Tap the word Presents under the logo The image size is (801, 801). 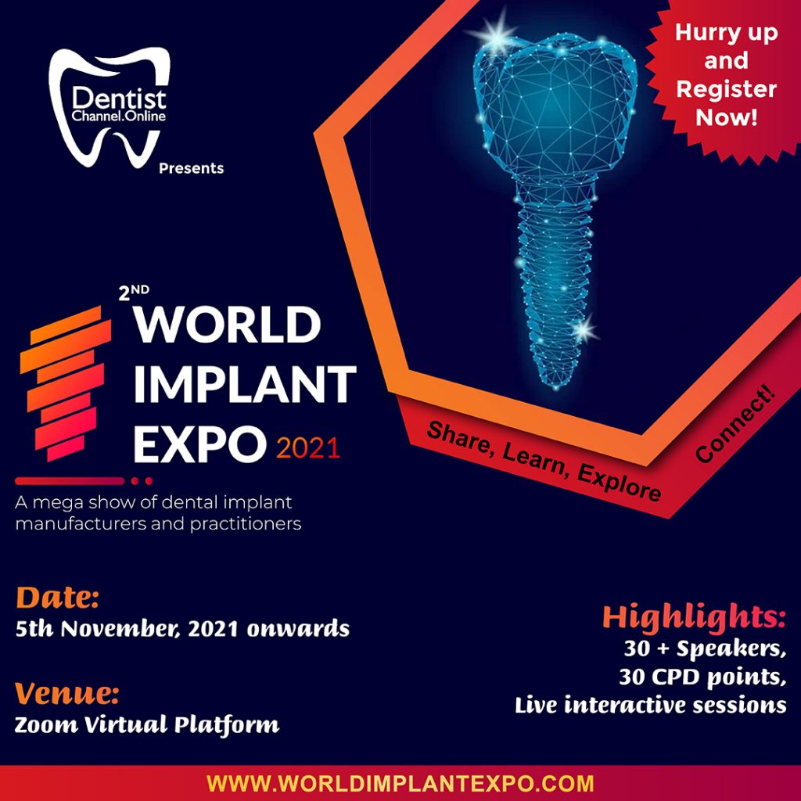click(191, 168)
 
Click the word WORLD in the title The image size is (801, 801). click(227, 325)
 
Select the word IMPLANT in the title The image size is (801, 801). click(244, 386)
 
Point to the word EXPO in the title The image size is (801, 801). click(199, 444)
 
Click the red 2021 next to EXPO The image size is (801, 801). click(307, 448)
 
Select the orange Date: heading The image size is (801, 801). click(57, 598)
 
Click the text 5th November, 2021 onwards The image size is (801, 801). click(182, 629)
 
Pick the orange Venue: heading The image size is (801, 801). click(66, 693)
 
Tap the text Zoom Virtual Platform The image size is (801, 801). click(147, 724)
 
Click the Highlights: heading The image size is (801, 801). click(694, 617)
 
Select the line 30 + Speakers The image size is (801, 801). click(704, 649)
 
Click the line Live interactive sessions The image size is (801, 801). click(650, 705)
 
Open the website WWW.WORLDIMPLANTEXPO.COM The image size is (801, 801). click(400, 783)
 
